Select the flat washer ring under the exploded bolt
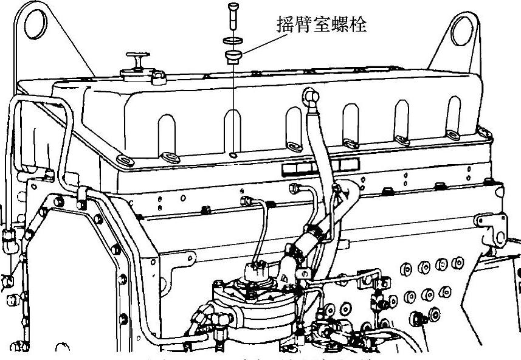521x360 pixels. click(232, 41)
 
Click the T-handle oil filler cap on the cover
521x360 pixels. click(137, 66)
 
